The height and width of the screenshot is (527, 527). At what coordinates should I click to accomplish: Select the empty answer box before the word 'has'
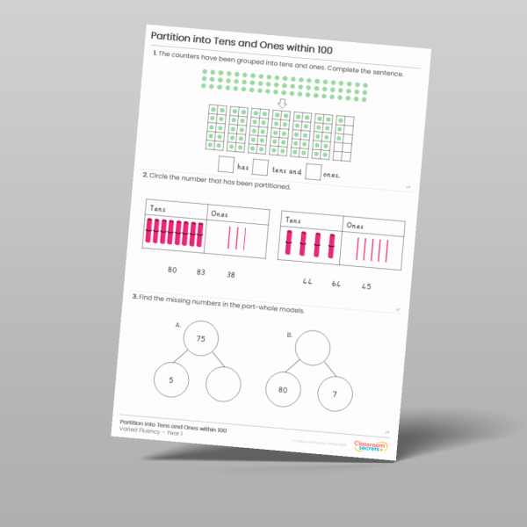(x=226, y=164)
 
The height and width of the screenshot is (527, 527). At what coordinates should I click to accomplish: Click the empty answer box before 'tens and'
(x=261, y=168)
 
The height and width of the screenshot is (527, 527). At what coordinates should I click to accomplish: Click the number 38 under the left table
(x=231, y=276)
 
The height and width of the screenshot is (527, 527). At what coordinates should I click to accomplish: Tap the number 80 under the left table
(x=172, y=271)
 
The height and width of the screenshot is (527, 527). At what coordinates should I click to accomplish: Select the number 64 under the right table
(x=336, y=284)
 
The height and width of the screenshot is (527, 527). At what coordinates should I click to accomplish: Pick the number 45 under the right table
(x=365, y=286)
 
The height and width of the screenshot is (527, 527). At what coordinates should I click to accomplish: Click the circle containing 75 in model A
(x=200, y=339)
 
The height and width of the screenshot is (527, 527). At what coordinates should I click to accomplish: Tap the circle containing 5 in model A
(x=170, y=381)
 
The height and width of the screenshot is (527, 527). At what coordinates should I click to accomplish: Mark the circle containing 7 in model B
(x=336, y=394)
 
